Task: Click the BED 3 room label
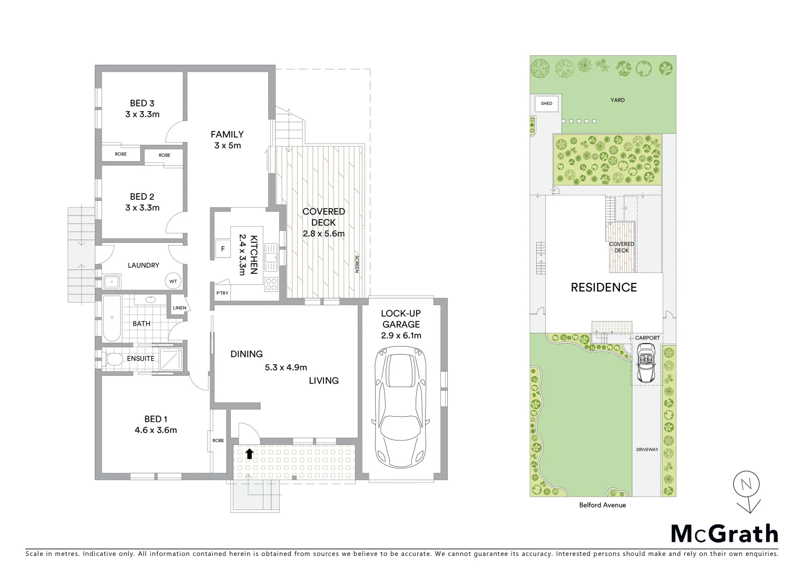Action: point(142,103)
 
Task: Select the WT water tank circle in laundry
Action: point(173,281)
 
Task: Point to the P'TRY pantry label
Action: point(222,293)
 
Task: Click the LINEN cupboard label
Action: point(179,308)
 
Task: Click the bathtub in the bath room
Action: point(111,318)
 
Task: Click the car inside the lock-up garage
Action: point(401,405)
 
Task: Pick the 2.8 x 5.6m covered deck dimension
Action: point(323,233)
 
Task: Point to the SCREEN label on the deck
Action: point(357,263)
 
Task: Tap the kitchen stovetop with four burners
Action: point(271,284)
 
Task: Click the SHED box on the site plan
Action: point(546,103)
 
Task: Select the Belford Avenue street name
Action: point(602,505)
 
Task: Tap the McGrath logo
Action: point(724,533)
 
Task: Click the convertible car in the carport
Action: point(646,364)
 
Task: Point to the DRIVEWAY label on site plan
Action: point(646,449)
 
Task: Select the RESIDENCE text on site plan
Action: point(604,288)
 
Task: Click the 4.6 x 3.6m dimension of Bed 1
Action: point(155,430)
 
